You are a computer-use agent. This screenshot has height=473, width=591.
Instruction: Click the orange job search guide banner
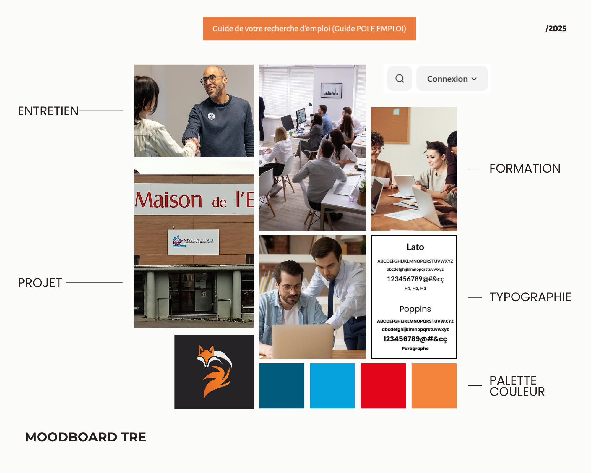point(309,29)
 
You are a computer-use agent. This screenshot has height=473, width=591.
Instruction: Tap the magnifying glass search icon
point(400,79)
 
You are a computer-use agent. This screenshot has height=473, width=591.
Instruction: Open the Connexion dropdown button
point(452,79)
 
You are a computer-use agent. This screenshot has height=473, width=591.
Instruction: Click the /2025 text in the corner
point(556,29)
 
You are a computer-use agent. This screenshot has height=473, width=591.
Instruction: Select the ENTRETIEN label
point(48,111)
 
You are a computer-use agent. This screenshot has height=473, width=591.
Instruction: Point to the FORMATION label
point(525,169)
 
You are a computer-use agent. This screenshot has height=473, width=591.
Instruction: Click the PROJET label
point(40,283)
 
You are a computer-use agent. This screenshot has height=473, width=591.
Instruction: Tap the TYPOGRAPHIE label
point(530,297)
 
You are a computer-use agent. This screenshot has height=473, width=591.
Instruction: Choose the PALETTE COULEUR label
point(517,386)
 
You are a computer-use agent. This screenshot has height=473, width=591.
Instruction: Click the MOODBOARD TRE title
point(85,437)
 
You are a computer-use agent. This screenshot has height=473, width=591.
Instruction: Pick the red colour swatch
point(383,386)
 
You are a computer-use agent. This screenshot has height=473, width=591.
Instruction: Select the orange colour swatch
point(434,386)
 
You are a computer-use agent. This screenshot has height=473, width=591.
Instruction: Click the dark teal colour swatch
point(282,386)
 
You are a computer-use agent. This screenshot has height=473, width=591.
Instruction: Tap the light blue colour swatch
point(332,386)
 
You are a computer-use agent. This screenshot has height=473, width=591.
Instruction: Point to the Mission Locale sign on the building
point(193,242)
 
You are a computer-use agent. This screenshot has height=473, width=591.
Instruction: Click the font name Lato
point(415,247)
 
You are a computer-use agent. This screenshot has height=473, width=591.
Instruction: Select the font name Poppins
point(415,309)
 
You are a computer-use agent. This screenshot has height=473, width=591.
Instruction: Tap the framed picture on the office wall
point(331,90)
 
